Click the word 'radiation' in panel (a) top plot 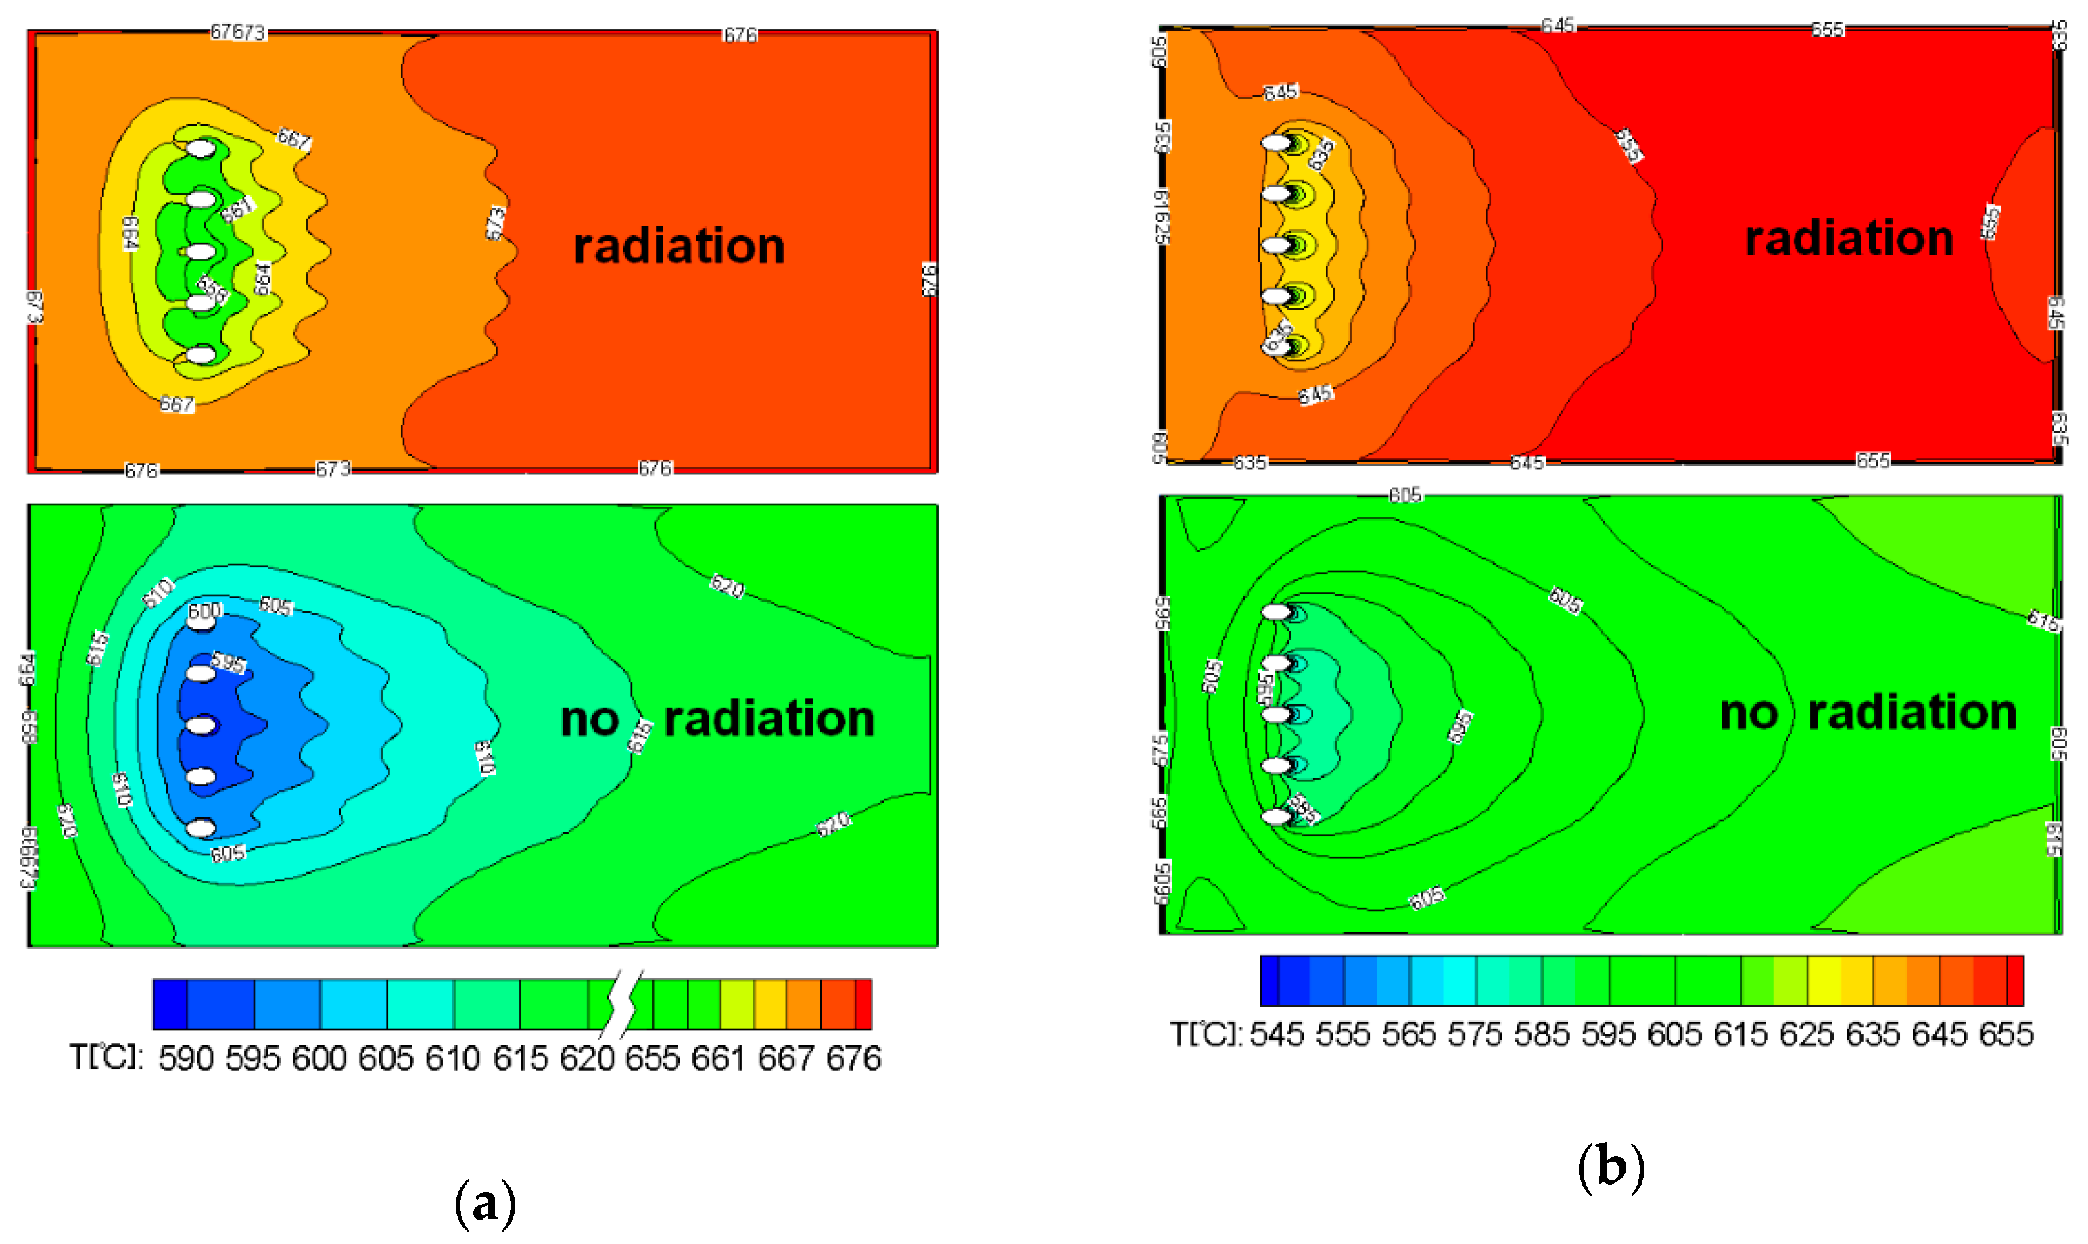[x=679, y=247]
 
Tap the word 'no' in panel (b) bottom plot [x=1749, y=713]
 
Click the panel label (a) [x=485, y=1203]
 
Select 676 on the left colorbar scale [x=853, y=1059]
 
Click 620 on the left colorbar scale [x=587, y=1059]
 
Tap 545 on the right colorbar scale [x=1277, y=1034]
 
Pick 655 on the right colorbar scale [x=2006, y=1034]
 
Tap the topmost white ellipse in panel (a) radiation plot [x=201, y=148]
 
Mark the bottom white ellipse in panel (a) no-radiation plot [x=201, y=828]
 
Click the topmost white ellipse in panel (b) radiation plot [x=1276, y=143]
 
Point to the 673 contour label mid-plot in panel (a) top [x=496, y=222]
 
